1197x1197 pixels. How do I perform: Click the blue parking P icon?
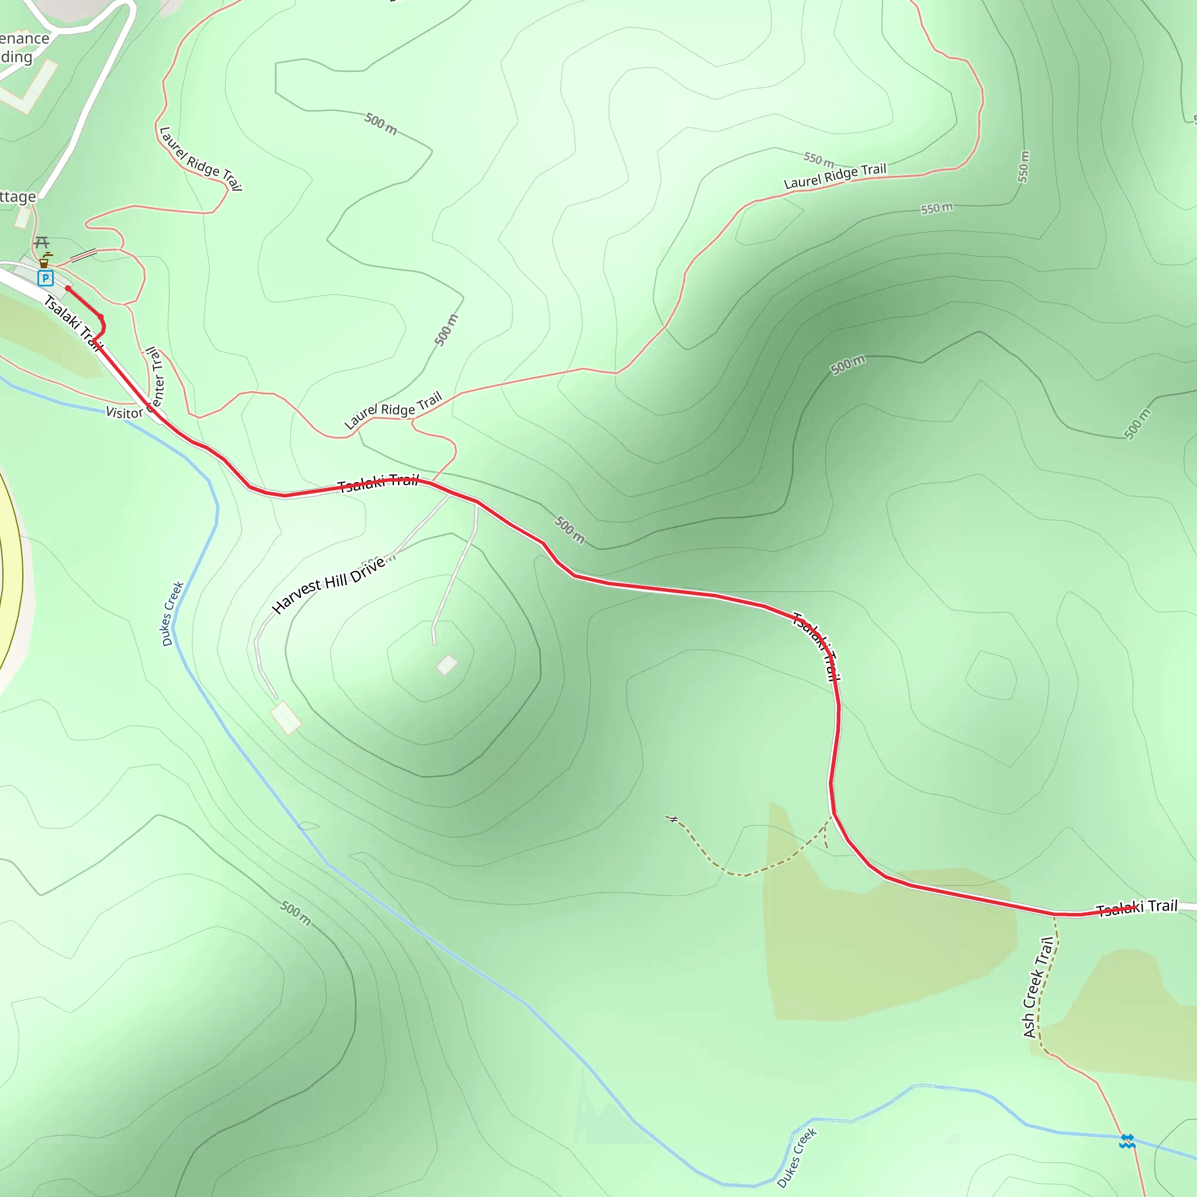pos(44,278)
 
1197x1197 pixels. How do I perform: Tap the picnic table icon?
pos(41,241)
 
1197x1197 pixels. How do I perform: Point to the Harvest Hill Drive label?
pos(328,584)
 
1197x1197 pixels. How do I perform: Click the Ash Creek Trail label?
pos(1039,987)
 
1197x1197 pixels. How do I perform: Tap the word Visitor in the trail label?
pos(124,413)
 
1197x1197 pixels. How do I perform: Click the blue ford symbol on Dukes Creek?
pos(1127,1141)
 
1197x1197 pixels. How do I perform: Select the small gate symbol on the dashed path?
pos(674,819)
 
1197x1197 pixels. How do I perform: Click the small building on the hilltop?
pos(447,665)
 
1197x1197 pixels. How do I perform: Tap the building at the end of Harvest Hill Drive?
pos(286,718)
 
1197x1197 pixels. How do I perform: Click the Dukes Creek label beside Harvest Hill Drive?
pos(172,613)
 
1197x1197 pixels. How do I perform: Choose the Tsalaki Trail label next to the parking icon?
pos(72,323)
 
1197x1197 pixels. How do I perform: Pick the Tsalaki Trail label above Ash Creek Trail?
pos(1136,908)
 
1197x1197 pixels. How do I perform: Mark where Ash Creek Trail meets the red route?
pos(1054,914)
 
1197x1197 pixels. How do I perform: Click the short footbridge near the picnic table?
pos(83,255)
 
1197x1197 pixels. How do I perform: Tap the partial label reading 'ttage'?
pos(18,197)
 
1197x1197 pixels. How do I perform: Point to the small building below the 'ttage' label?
pos(23,217)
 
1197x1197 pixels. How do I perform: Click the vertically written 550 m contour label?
pos(1023,166)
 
